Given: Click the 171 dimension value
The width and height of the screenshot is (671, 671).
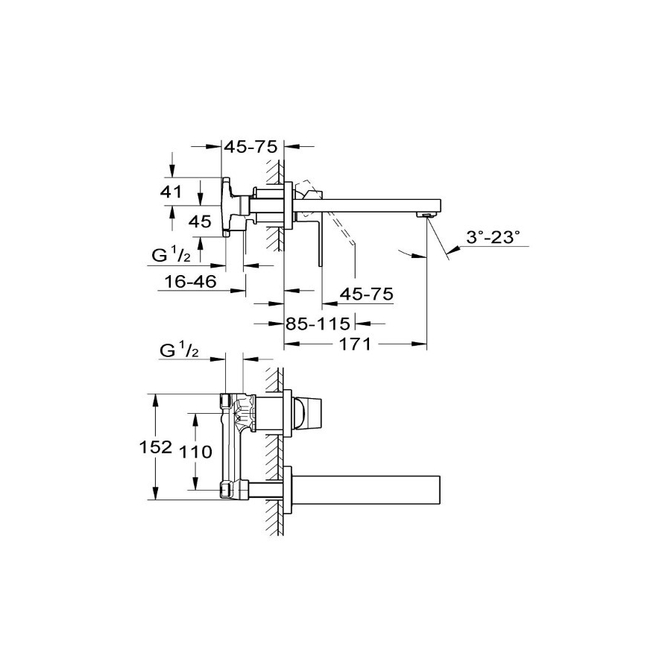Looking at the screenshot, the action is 355,344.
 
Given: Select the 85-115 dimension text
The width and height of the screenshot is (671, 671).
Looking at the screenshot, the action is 318,324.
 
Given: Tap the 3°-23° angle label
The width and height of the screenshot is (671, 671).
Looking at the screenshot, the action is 493,236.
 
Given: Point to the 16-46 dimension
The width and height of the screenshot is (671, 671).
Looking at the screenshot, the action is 191,281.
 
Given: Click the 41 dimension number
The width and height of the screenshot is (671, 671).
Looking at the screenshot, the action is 171,192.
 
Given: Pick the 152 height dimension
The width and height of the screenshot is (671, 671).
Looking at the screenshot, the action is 156,447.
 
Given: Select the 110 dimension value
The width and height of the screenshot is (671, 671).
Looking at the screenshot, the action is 195,452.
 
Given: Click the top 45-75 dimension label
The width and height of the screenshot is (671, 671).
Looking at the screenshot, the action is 251,147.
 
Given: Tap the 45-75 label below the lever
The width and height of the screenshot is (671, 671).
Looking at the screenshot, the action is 366,294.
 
